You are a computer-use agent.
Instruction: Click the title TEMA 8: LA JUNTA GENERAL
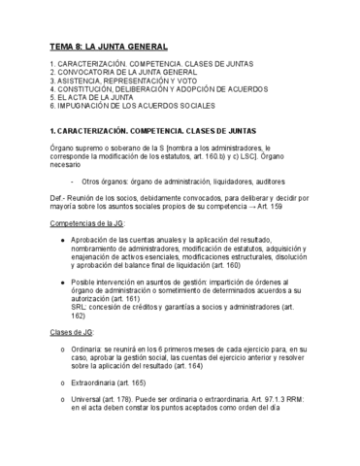[108, 46]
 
